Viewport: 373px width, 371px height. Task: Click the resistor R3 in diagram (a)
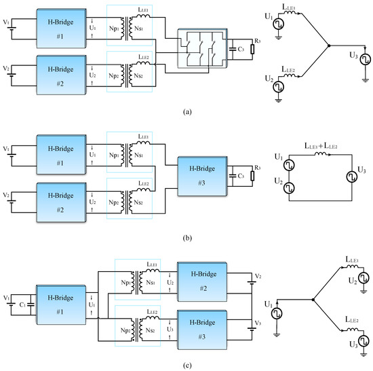click(x=251, y=49)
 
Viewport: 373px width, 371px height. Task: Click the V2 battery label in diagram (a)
click(x=6, y=69)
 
